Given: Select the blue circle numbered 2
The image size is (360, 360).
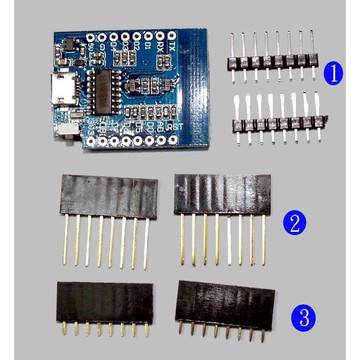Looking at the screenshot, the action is click(293, 224).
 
